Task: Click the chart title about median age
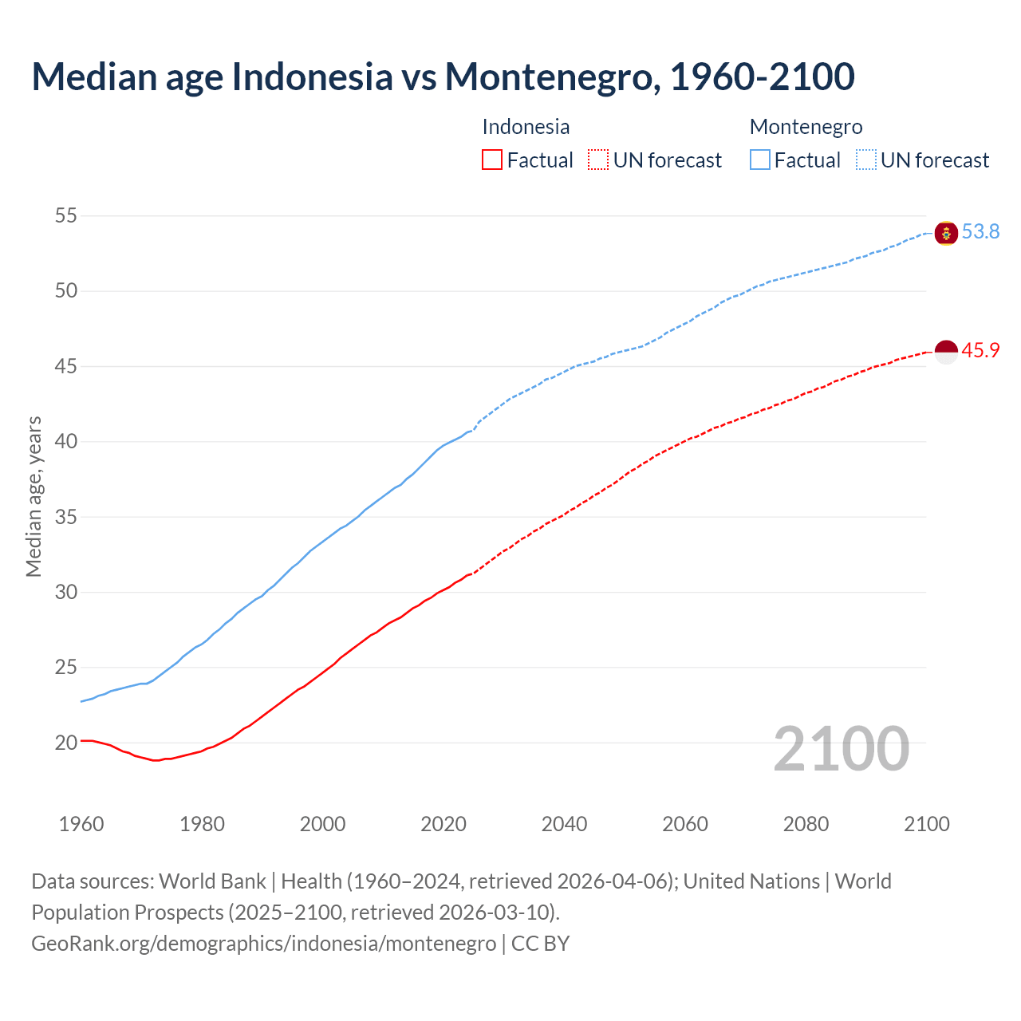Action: click(443, 77)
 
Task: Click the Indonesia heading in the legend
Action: click(526, 127)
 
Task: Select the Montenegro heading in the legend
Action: click(806, 127)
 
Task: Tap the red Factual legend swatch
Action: click(492, 160)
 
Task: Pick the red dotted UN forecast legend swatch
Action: click(598, 160)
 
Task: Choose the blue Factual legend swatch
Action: click(760, 160)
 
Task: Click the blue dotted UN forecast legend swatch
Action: click(866, 160)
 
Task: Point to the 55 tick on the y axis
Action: click(66, 215)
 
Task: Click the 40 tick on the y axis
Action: click(66, 441)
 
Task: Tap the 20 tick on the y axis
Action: click(66, 743)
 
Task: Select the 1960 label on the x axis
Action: click(81, 824)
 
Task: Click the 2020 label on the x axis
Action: click(443, 824)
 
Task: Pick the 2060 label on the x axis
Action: click(685, 824)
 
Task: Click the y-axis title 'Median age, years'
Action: click(34, 496)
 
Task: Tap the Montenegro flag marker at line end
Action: click(946, 233)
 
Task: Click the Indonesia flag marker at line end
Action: click(946, 352)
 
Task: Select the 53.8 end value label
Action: click(980, 232)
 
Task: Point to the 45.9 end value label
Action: click(980, 351)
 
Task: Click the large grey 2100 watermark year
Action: click(842, 748)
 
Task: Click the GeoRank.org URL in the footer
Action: click(263, 944)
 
